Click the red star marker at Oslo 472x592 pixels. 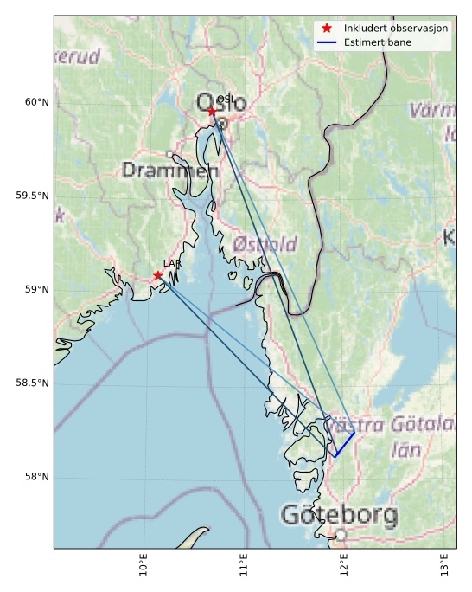point(212,112)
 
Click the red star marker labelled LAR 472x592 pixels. point(157,275)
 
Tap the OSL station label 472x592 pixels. point(225,100)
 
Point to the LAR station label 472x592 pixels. point(172,263)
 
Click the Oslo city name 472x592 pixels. point(221,103)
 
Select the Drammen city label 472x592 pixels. point(170,171)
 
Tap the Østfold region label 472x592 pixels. point(265,243)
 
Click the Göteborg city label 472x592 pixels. point(339,516)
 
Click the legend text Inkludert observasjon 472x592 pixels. point(395,29)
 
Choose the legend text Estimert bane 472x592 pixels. point(377,42)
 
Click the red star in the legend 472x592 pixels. point(326,29)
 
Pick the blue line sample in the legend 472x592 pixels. point(326,42)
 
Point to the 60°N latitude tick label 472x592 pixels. point(36,102)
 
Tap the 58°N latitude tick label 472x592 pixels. point(36,476)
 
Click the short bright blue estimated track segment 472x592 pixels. point(345,444)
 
